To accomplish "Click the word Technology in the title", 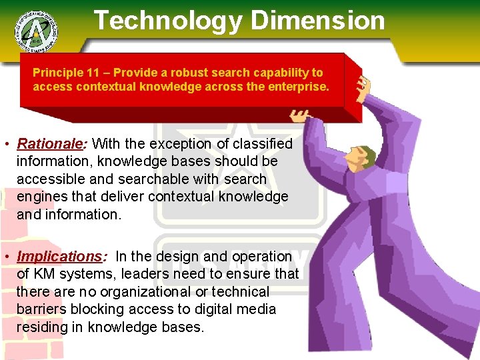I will pos(167,20).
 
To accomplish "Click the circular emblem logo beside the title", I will pos(35,29).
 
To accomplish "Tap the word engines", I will pos(41,197).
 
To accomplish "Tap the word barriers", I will pos(41,309).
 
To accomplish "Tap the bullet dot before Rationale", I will pos(5,144).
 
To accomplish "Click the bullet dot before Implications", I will pos(5,257).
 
